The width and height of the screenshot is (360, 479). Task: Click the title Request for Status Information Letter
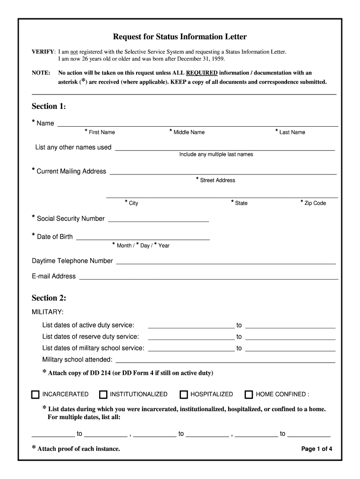[180, 36]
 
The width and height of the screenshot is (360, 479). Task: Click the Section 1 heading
[49, 106]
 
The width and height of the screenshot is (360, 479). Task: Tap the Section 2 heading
[49, 298]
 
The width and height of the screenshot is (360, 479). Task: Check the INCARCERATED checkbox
[36, 394]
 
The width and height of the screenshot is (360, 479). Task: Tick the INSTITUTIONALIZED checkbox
[103, 394]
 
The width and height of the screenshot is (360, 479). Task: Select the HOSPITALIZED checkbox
[184, 394]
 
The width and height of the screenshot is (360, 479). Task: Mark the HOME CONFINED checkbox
[249, 394]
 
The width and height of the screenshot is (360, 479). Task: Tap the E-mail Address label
[53, 276]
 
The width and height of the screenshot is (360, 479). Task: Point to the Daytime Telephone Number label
[72, 261]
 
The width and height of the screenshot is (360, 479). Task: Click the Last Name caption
[292, 132]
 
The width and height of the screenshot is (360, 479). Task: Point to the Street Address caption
[217, 180]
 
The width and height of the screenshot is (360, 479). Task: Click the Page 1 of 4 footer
[317, 449]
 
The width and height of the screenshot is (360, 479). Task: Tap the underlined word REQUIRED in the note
[202, 73]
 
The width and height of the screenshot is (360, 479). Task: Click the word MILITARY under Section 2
[48, 312]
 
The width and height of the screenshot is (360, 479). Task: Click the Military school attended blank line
[225, 360]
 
